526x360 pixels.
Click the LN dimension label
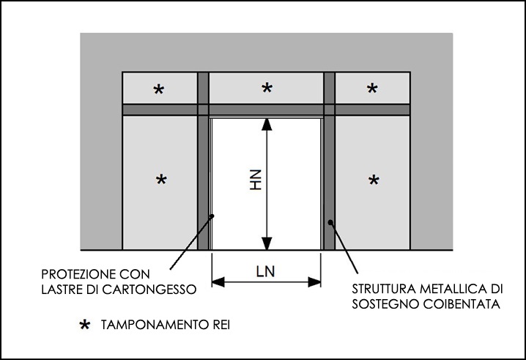pyautogui.click(x=266, y=271)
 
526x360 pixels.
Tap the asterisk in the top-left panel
pyautogui.click(x=158, y=89)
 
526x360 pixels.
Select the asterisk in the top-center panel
pyautogui.click(x=267, y=89)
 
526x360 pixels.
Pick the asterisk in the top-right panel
pyautogui.click(x=372, y=89)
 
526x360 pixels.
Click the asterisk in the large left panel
pyautogui.click(x=162, y=180)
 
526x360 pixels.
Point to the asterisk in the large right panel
pyautogui.click(x=374, y=180)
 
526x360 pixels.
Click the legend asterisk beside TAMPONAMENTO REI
pyautogui.click(x=86, y=323)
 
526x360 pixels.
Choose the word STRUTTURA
pyautogui.click(x=385, y=288)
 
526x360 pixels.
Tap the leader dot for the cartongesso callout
pyautogui.click(x=212, y=216)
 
